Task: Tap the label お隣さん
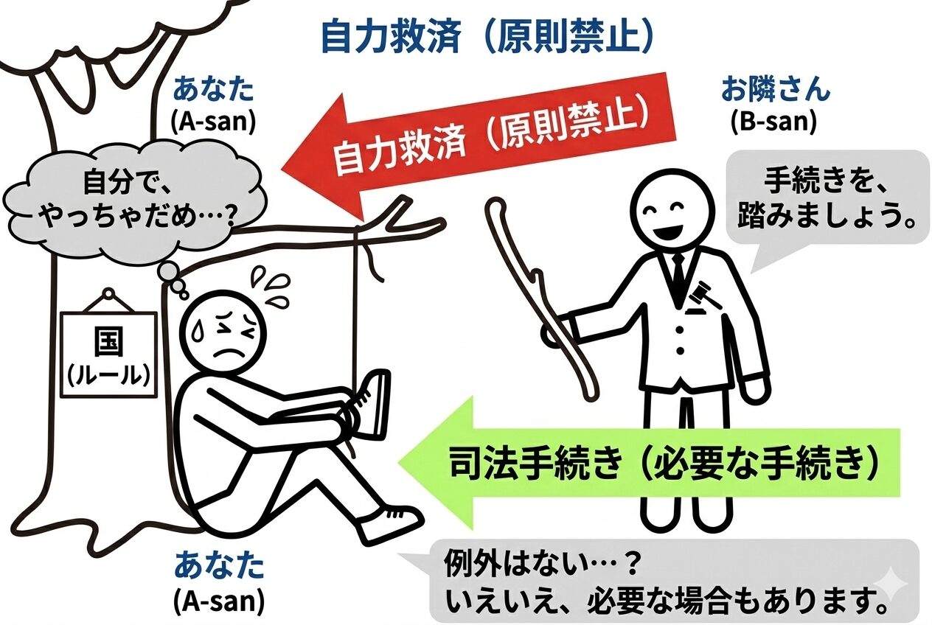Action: tap(775, 89)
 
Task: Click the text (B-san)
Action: tap(774, 122)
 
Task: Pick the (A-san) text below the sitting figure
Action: tap(219, 601)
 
